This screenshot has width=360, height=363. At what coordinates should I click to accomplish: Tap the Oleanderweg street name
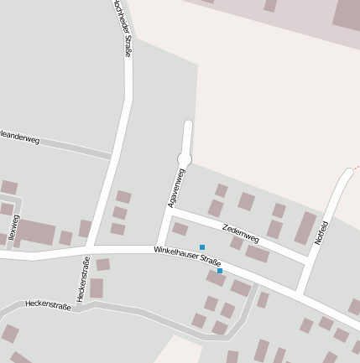coord(19,137)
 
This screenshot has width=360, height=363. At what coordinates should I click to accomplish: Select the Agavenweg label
coord(175,188)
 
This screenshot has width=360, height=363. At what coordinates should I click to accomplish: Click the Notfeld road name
coord(321,232)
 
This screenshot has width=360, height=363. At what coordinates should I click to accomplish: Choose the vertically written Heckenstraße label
coord(83,279)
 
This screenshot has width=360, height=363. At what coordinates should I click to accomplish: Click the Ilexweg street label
coord(13,227)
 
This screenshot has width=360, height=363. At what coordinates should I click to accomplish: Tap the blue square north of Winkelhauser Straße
coord(202,247)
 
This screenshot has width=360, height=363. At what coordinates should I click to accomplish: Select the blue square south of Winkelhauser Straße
coord(220,271)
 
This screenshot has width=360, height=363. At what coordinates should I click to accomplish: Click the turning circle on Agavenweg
coord(185,158)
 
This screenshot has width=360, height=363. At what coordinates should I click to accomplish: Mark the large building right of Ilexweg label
coord(36,232)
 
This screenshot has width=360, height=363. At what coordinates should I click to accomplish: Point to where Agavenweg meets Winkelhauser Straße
coord(159,249)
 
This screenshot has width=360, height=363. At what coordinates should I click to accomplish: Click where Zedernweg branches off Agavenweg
coord(170,211)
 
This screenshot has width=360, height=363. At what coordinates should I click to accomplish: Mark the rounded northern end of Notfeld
coord(348,173)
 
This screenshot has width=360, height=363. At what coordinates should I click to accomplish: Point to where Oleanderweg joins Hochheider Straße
coord(112,155)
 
